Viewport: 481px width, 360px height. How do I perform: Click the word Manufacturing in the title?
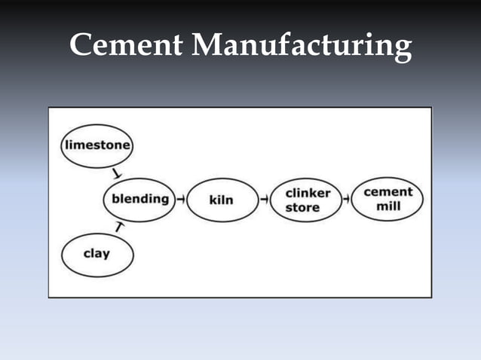(302, 47)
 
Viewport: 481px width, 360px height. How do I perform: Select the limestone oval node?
(96, 144)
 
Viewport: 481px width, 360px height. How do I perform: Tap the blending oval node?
(139, 200)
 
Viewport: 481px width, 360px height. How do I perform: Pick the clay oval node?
(97, 254)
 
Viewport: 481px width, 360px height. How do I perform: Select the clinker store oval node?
(308, 200)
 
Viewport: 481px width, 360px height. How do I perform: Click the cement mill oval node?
(388, 199)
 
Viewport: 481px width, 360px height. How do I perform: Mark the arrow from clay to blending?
(118, 225)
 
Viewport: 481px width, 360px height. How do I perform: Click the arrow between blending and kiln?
(181, 200)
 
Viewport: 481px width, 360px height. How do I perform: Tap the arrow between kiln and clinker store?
(265, 200)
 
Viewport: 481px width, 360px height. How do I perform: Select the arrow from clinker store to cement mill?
(346, 200)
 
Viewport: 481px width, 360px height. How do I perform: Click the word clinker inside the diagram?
(308, 194)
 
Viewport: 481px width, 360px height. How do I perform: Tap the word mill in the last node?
(388, 206)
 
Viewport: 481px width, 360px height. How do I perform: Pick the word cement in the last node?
(388, 192)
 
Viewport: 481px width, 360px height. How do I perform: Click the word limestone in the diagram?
(96, 144)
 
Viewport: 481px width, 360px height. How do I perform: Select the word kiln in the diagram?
(221, 200)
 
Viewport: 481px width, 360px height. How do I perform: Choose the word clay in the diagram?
(97, 254)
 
